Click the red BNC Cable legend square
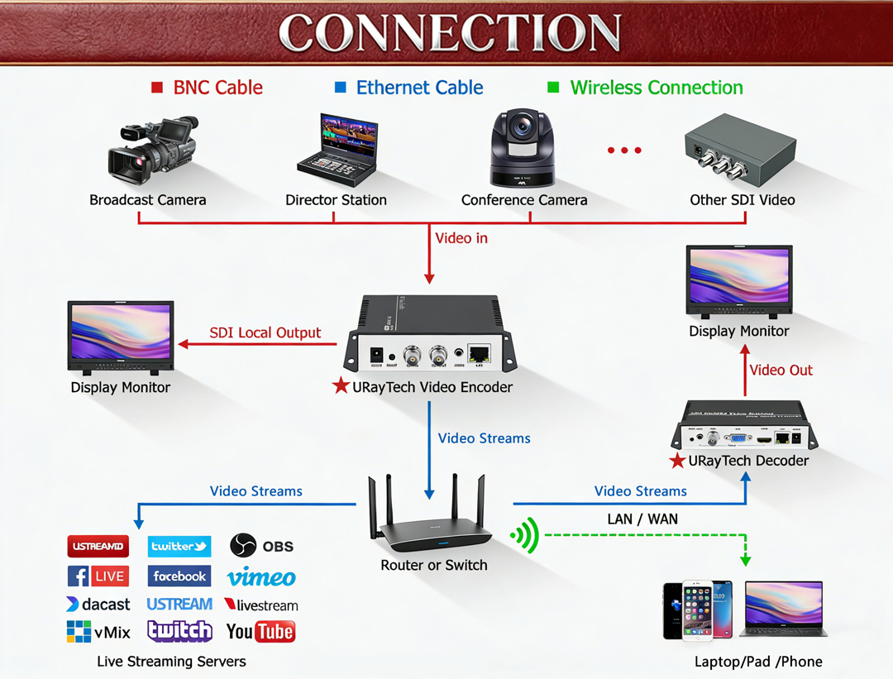click(x=157, y=88)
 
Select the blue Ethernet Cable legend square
click(x=340, y=88)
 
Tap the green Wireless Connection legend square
click(x=553, y=88)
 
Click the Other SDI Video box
click(x=739, y=152)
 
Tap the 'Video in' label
click(x=461, y=238)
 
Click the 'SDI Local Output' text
click(x=265, y=332)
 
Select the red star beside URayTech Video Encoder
click(x=341, y=386)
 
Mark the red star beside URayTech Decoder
click(x=677, y=461)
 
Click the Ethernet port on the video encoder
click(x=479, y=353)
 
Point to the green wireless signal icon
click(x=526, y=536)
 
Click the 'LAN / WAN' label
click(x=642, y=519)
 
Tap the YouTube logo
click(x=260, y=632)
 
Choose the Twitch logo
click(x=179, y=631)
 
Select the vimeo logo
click(x=261, y=577)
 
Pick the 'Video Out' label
click(x=781, y=370)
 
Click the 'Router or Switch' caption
click(x=433, y=566)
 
